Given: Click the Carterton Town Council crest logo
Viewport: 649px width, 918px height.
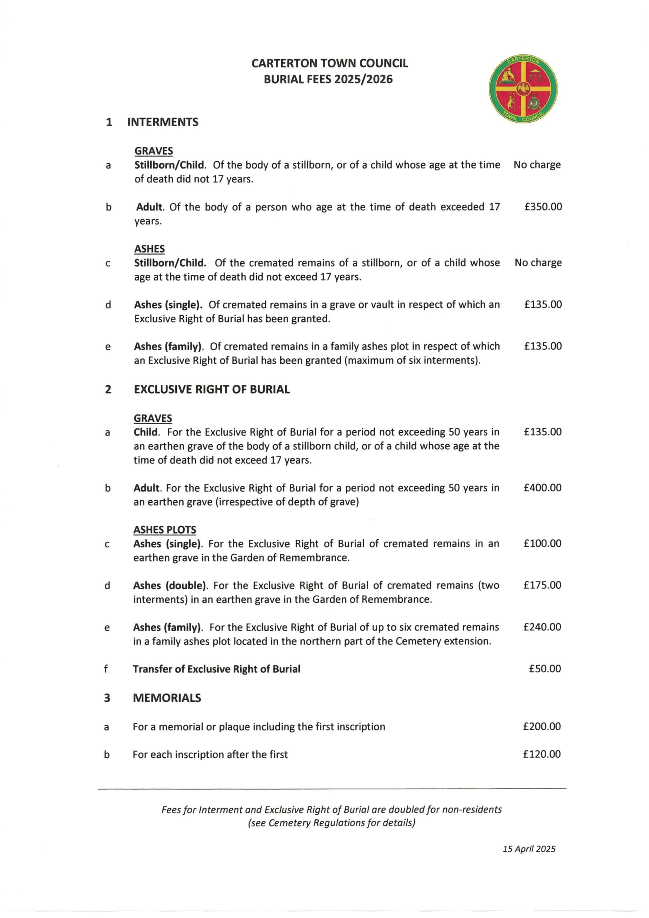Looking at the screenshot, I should tap(523, 89).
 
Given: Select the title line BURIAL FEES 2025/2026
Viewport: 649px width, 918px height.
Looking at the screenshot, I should tap(328, 80).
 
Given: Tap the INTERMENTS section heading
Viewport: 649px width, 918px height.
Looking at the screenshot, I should tap(163, 122).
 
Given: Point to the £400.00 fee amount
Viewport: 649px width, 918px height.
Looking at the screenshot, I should tap(542, 487).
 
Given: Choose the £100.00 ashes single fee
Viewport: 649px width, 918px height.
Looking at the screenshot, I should tap(542, 543).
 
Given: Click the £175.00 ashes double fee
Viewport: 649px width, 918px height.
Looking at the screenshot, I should tap(542, 585).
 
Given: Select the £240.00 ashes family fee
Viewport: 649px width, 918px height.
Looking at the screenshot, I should tap(542, 626).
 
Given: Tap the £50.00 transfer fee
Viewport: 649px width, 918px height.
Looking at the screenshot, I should tap(545, 668).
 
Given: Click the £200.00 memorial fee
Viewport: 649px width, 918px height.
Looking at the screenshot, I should tap(542, 726).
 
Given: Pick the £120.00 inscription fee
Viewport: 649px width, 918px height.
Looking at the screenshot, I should tap(542, 754).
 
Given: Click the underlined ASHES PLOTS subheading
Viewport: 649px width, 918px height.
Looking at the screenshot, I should tap(165, 530).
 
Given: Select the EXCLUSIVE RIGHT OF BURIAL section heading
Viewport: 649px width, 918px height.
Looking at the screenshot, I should tap(212, 389).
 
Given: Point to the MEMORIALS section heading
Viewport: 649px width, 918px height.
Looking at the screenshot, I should tap(167, 698).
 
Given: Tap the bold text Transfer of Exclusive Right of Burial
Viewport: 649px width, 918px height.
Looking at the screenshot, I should tap(216, 669).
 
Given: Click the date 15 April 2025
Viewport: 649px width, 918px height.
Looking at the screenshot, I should tap(529, 849).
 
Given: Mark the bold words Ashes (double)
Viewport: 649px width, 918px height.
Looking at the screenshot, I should tap(171, 585).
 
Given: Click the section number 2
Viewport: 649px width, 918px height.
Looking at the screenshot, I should tap(108, 389).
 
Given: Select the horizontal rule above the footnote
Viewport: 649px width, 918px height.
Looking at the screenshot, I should tap(332, 788).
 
